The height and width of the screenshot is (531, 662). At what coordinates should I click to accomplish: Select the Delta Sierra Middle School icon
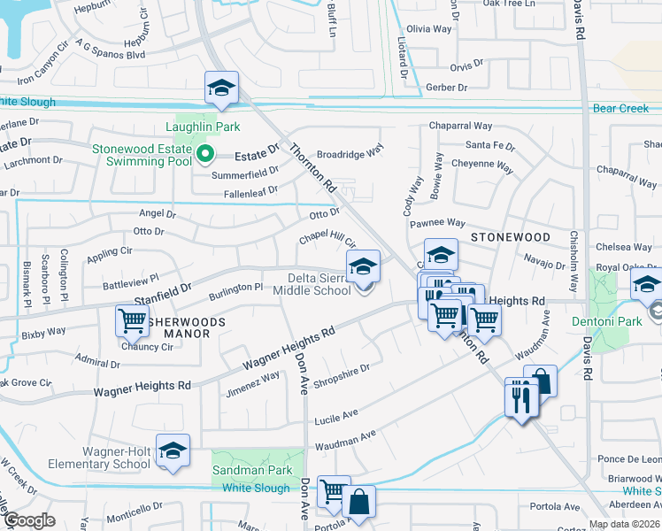[x=364, y=266]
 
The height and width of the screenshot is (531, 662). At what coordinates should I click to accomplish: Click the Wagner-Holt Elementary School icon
[x=173, y=450]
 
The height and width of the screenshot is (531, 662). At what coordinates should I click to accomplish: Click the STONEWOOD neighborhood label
[x=511, y=237]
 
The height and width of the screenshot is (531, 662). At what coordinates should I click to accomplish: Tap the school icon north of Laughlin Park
[x=222, y=88]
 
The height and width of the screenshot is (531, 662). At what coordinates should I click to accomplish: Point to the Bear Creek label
[x=620, y=109]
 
